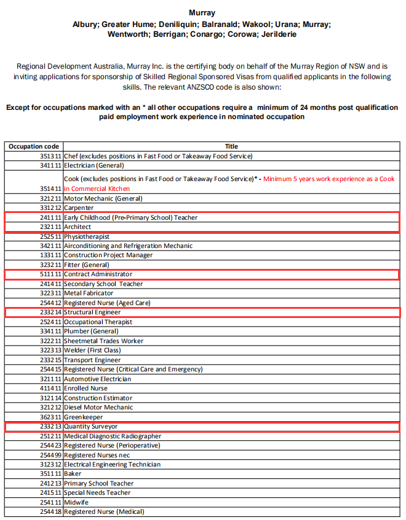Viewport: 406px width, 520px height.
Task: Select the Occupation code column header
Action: point(34,147)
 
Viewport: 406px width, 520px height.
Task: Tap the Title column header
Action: point(231,147)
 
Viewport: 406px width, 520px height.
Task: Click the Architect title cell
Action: point(78,227)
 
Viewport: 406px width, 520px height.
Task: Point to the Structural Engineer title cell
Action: point(92,312)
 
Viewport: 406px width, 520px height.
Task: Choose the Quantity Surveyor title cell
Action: point(90,426)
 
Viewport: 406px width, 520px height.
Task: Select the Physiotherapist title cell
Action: point(87,237)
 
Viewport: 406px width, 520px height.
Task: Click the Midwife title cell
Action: point(76,502)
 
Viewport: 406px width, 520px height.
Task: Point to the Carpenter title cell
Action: point(79,208)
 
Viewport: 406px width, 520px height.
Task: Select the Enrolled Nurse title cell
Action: point(86,389)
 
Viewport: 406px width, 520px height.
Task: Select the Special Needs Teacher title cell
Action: point(97,493)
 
